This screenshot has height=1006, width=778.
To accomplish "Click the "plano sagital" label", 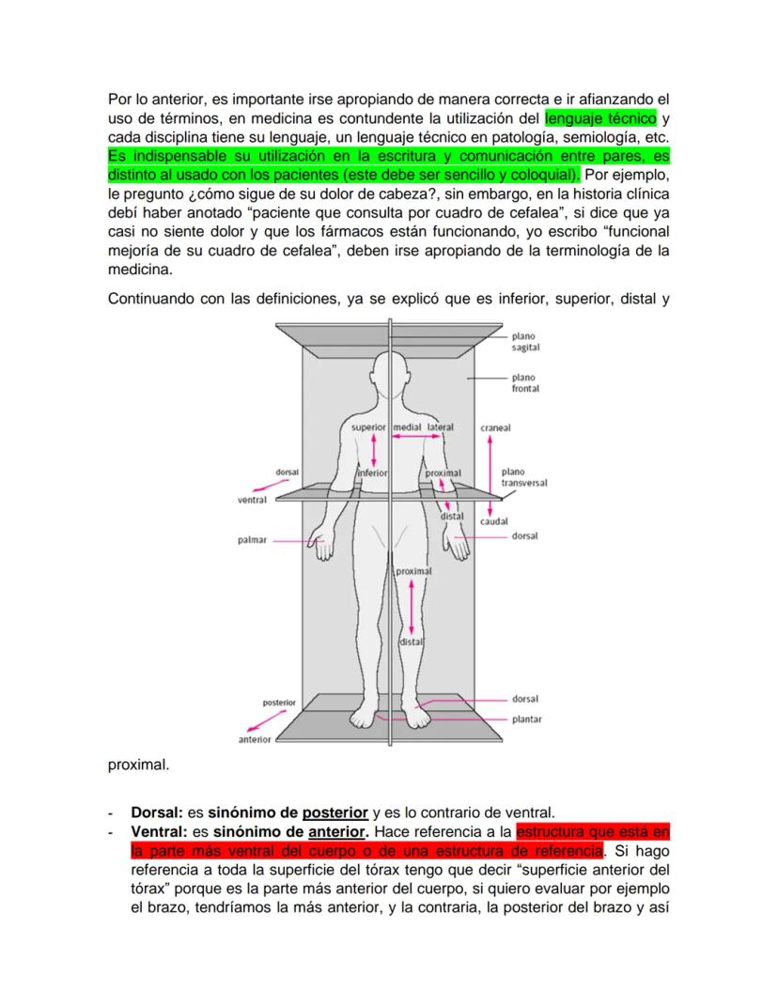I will click(x=525, y=341).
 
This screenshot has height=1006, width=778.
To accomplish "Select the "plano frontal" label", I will click(x=523, y=382).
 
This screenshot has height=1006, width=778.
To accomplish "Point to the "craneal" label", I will click(x=495, y=427).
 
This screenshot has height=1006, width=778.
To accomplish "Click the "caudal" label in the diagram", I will click(x=494, y=520).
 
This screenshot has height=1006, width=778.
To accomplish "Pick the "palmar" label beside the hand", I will click(x=253, y=540).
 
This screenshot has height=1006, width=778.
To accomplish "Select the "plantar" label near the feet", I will click(x=526, y=720).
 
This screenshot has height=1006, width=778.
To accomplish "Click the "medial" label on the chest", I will click(x=407, y=427).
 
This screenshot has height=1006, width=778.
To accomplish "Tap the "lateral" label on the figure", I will click(x=440, y=427).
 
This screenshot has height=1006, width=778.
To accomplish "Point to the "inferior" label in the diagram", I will click(x=372, y=473).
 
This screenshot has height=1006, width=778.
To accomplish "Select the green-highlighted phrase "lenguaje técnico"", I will click(x=600, y=119).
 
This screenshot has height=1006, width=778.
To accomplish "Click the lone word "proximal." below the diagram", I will click(x=139, y=765).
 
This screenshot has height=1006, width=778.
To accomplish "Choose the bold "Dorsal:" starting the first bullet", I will click(x=157, y=812).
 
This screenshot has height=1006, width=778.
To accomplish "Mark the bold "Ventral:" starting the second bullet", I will click(x=159, y=831).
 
